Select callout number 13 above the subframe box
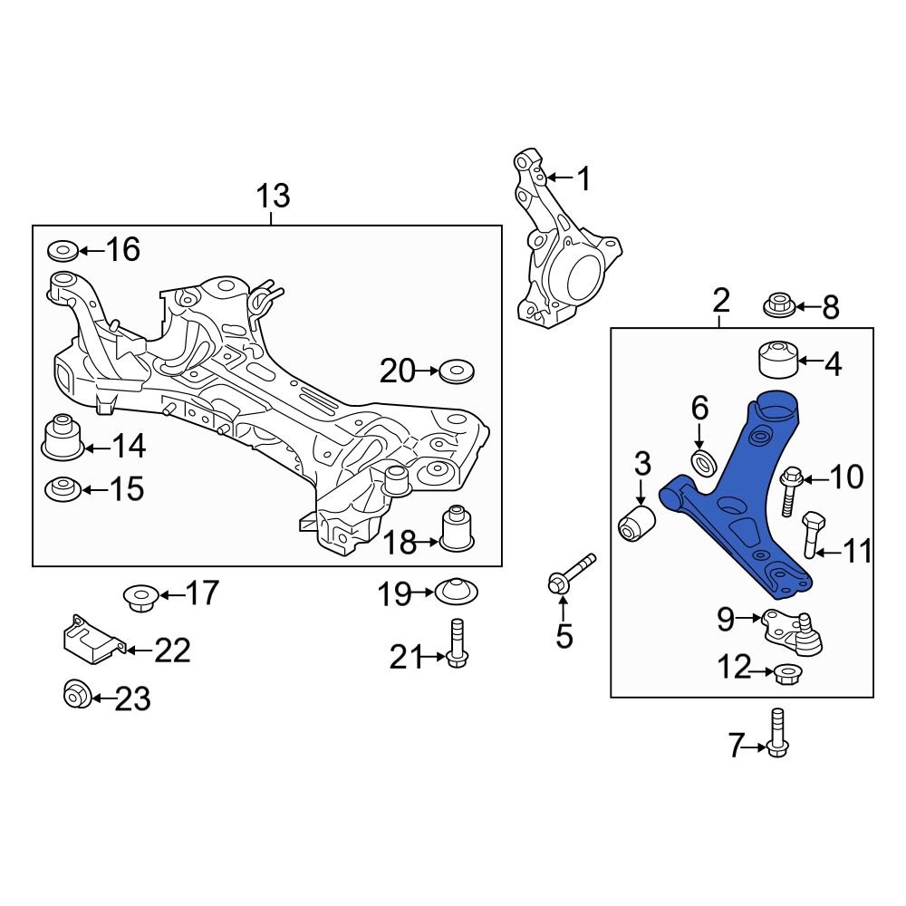272,196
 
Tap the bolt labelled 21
457,643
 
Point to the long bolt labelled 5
570,573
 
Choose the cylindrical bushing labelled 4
776,360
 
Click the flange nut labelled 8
779,305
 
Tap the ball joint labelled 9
793,630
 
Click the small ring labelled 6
703,463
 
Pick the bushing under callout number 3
638,523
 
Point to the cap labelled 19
458,591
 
